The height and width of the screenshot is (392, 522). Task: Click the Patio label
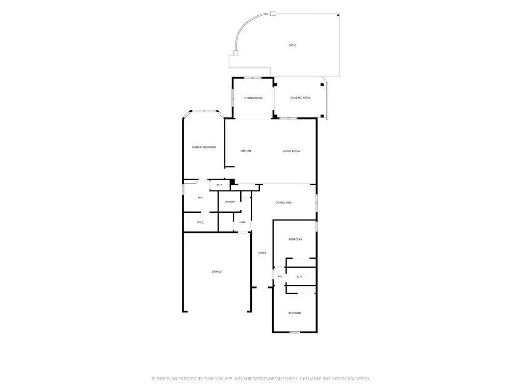coord(292,45)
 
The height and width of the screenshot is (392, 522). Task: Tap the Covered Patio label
coord(300,98)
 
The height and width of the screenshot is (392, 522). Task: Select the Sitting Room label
coord(253,99)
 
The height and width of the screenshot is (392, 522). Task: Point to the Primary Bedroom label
coord(204,148)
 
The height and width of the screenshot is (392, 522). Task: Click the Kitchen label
coord(246,151)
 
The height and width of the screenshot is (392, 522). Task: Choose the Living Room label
coord(291,151)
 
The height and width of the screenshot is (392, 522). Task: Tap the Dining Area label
coord(283,203)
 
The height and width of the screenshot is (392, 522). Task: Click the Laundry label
coord(230,202)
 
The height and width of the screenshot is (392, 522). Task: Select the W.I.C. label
coord(200,223)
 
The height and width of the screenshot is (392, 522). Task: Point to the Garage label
coord(217,272)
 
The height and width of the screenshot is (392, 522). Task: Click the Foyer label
coord(263,253)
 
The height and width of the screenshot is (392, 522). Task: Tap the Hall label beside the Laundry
coord(242,223)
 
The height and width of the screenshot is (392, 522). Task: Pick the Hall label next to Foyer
coord(280,277)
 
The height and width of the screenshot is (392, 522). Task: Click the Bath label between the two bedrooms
coord(300,277)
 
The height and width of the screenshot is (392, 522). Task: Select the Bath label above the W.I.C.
coord(200,198)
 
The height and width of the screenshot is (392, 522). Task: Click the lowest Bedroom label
coord(295,313)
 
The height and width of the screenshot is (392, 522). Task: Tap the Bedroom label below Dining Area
coord(295,240)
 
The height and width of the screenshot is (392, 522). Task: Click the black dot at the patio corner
coord(338,15)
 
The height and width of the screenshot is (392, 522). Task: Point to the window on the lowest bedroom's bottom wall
coord(295,332)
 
